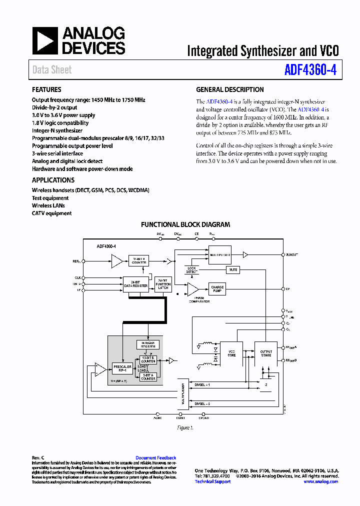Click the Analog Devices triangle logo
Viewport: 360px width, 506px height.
tap(44, 40)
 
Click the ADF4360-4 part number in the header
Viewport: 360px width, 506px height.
tap(310, 70)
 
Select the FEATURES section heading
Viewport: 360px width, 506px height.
tap(46, 90)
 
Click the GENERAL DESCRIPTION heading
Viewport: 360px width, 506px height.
tap(230, 90)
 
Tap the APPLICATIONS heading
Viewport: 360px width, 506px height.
tap(53, 180)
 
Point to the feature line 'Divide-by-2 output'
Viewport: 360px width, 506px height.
tap(54, 107)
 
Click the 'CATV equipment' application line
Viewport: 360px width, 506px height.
tap(51, 213)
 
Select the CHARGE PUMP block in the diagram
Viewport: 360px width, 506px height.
tap(217, 289)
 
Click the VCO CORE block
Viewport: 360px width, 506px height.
tap(232, 353)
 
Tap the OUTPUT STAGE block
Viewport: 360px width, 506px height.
tap(266, 353)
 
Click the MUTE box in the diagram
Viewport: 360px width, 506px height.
tap(233, 269)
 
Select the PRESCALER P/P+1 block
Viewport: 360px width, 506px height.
tap(122, 368)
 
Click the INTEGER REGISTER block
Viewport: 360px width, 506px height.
tap(148, 344)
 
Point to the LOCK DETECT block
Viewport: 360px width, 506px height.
tap(192, 270)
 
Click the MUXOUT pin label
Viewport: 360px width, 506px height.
tap(291, 254)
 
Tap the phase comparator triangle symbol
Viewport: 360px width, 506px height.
tap(192, 289)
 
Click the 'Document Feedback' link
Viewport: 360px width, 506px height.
tap(156, 457)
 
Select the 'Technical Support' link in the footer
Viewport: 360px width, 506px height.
tap(212, 481)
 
